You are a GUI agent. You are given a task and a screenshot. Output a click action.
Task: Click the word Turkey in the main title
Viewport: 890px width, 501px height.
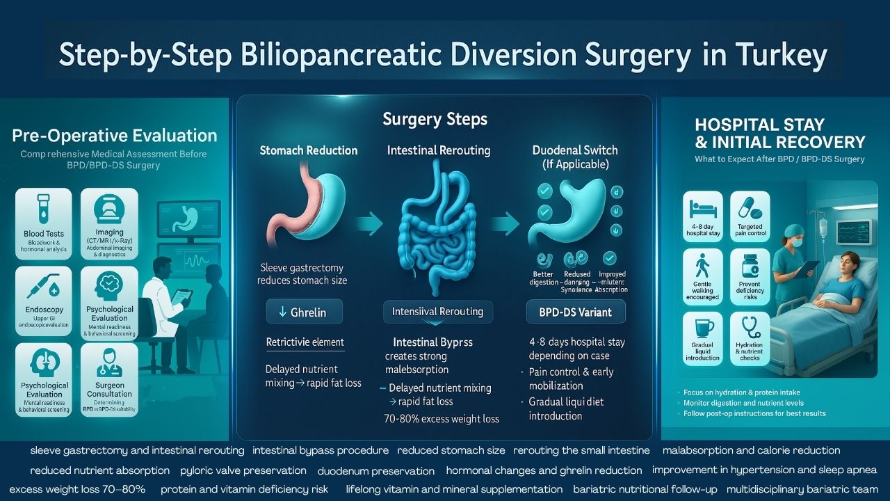(784, 56)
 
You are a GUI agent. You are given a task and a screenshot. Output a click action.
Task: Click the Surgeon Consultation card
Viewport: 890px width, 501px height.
(110, 379)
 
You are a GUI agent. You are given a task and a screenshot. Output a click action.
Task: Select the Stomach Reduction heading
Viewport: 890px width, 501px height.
(309, 150)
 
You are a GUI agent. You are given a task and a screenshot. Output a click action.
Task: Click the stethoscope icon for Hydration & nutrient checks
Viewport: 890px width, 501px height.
(750, 327)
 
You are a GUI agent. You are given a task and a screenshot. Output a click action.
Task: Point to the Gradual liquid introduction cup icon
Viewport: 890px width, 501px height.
(703, 327)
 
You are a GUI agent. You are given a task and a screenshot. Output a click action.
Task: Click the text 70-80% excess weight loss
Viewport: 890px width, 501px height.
(442, 419)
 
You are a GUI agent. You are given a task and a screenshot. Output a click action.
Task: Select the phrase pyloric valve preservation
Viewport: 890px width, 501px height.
(243, 470)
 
